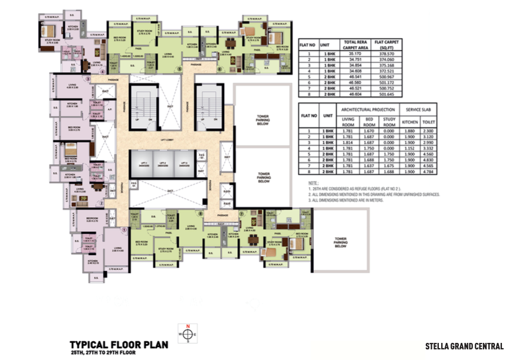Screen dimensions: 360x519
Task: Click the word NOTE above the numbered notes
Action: click(x=314, y=184)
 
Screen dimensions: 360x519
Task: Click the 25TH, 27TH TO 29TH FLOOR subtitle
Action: click(x=106, y=353)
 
